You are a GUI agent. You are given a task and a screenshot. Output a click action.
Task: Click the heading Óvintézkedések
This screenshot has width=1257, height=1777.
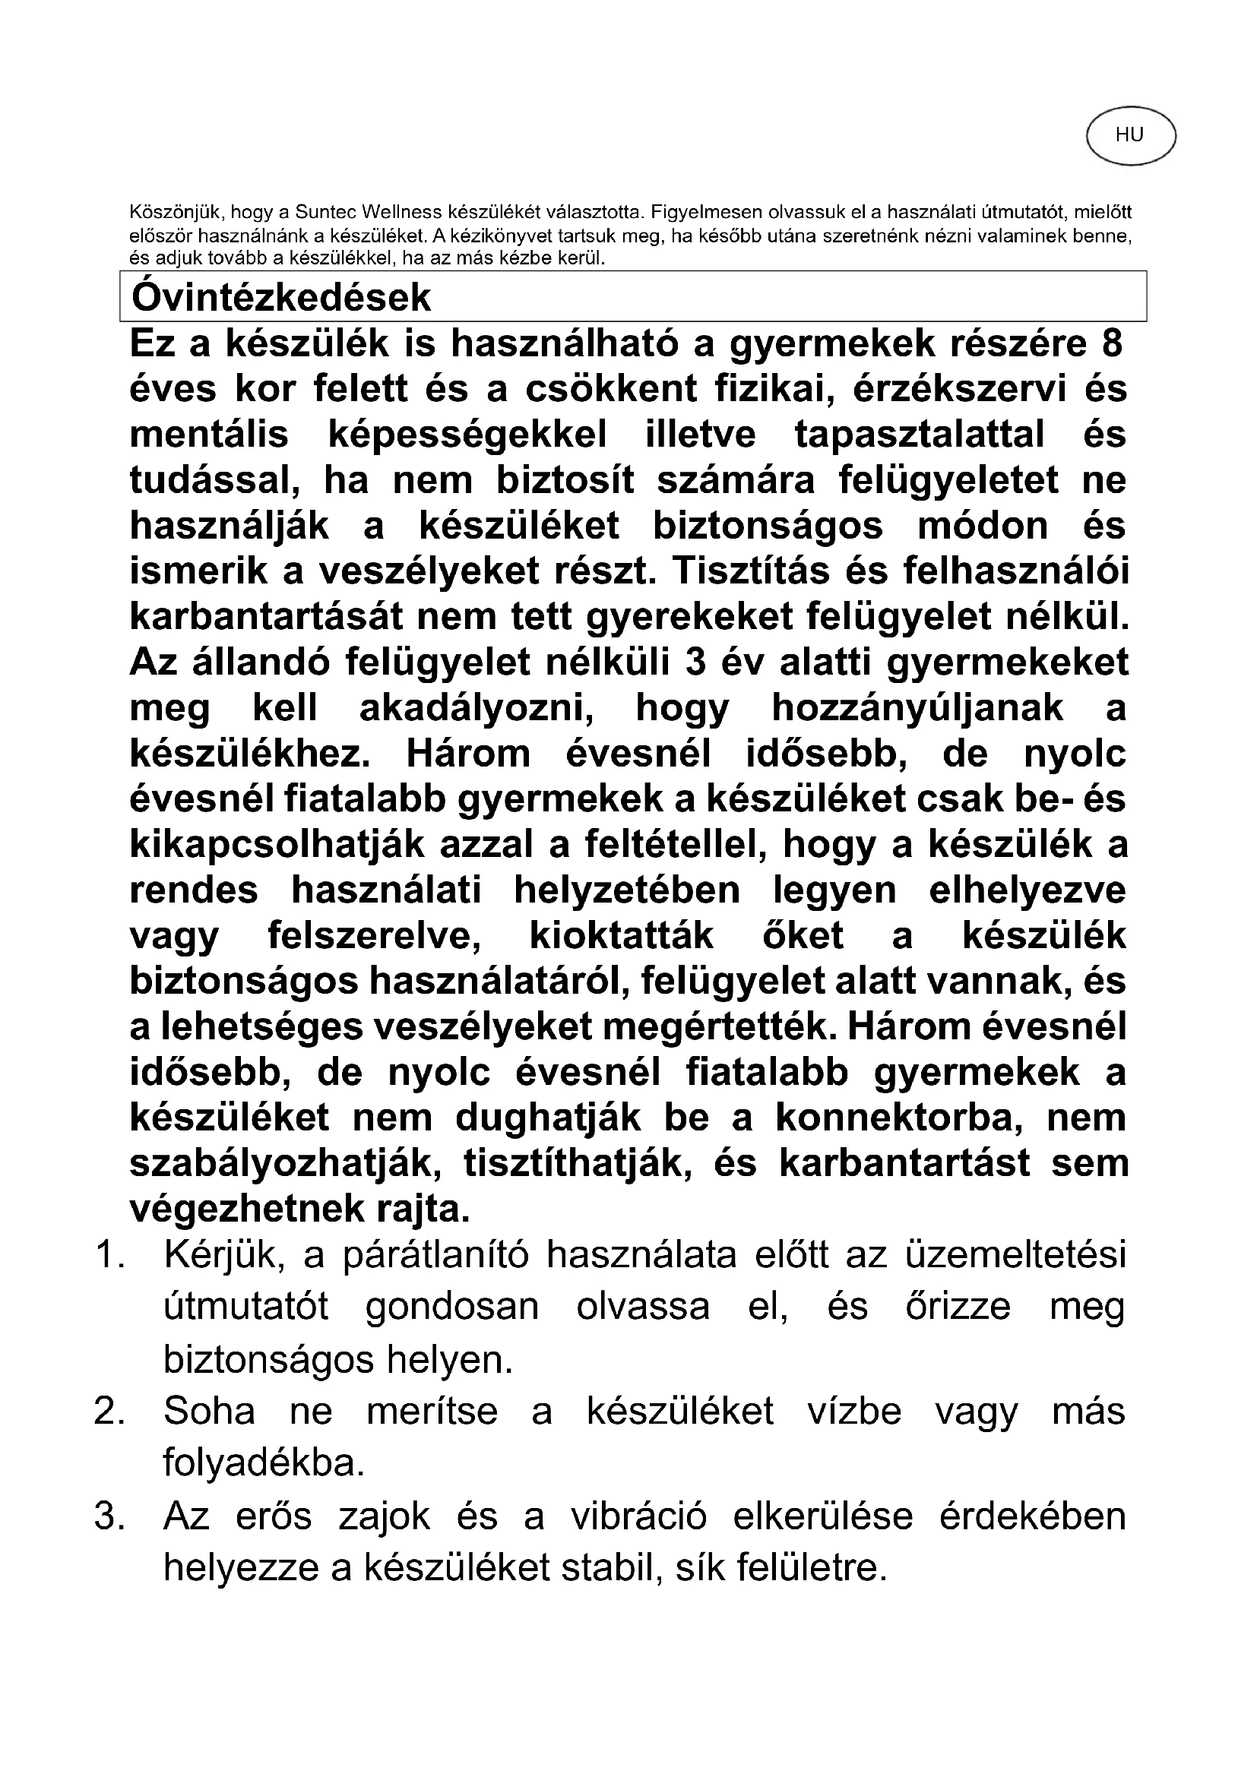281,297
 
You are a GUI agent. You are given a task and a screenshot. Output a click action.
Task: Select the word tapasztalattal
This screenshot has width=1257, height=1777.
920,435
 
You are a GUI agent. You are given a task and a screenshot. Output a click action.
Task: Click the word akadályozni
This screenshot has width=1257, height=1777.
477,708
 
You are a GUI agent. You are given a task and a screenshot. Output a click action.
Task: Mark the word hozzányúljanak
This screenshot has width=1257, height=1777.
917,708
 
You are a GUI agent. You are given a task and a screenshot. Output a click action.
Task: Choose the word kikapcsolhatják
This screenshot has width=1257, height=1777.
277,845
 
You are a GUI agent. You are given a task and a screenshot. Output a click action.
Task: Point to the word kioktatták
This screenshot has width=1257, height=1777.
621,937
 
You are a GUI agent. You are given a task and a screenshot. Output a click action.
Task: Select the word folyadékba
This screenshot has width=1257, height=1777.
264,1462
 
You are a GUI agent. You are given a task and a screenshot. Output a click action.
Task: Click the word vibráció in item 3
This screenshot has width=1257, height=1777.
638,1516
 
